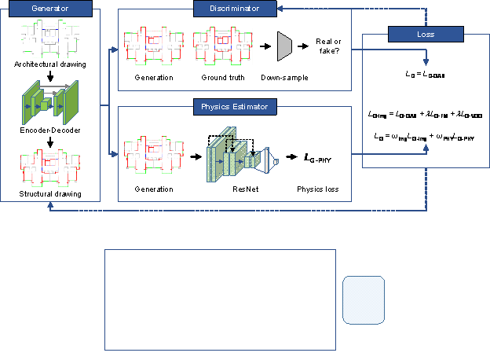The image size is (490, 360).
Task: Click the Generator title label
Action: (50, 9)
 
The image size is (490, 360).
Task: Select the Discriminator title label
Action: (236, 9)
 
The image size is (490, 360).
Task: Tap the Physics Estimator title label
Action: (236, 107)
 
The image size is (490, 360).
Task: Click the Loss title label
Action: (426, 35)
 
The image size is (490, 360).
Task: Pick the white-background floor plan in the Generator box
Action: (50, 39)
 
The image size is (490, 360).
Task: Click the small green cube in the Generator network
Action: (45, 103)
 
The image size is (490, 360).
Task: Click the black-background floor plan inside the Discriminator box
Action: (153, 48)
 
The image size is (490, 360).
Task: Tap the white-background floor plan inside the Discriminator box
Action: (222, 46)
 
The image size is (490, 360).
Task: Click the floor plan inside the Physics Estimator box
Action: (153, 154)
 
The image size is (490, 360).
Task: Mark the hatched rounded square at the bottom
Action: (364, 299)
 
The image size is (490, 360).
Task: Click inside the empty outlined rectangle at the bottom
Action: (220, 299)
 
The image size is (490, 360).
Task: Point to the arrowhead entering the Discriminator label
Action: (282, 9)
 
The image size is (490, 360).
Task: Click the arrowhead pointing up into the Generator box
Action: (50, 205)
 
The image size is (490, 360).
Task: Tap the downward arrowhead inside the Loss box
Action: (426, 61)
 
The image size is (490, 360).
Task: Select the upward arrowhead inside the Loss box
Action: (426, 146)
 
